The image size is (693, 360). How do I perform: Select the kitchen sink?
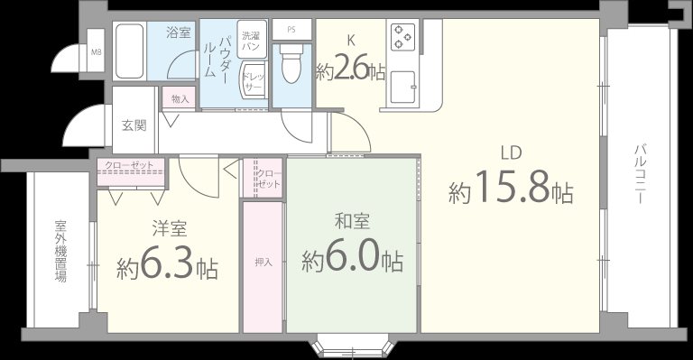[402, 85]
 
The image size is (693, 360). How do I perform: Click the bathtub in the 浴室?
[132, 53]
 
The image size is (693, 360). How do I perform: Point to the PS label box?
[291, 29]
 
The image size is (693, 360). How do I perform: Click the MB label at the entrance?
[95, 51]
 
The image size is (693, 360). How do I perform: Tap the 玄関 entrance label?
[134, 125]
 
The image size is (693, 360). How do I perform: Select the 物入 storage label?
[180, 98]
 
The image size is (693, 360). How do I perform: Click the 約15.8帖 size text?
[511, 189]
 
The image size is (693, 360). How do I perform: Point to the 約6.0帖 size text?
[352, 260]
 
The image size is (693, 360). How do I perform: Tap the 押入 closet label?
[263, 263]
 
